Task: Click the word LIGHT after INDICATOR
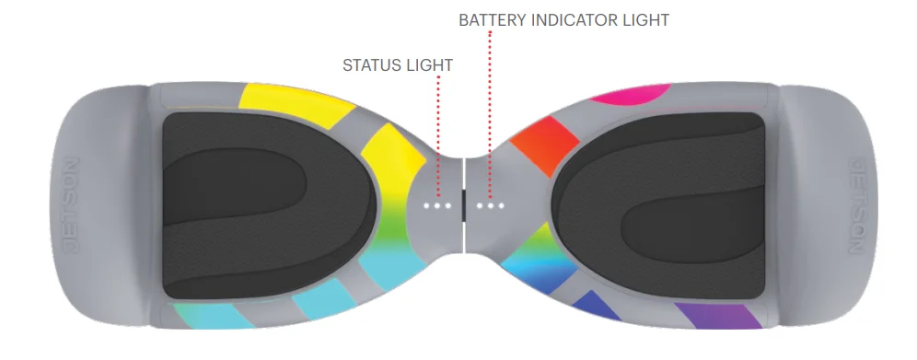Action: (647, 19)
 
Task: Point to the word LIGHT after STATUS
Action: (431, 65)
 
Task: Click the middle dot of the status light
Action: (437, 205)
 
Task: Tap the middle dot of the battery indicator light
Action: (492, 205)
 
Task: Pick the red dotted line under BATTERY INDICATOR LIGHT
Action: (491, 110)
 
